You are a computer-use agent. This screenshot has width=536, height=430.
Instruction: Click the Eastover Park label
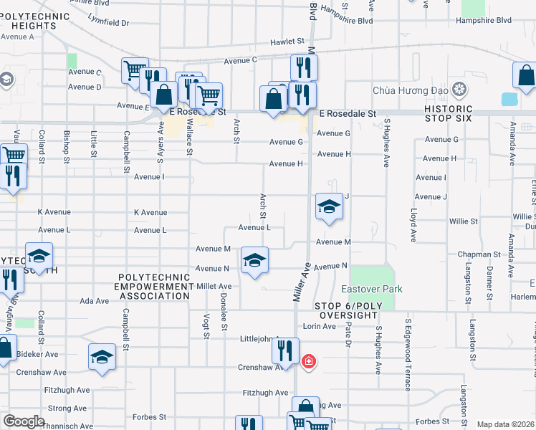[x=371, y=289]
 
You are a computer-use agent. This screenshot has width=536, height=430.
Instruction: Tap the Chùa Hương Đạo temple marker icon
[x=459, y=91]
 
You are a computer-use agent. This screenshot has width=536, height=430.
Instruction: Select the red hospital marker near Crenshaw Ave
[x=309, y=361]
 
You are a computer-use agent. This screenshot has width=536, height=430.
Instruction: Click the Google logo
[x=24, y=421]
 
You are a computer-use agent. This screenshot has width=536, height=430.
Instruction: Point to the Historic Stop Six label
[x=449, y=114]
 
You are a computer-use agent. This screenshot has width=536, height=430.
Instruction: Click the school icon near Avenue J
[x=329, y=206]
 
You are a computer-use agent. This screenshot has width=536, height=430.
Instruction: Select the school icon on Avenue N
[x=254, y=260]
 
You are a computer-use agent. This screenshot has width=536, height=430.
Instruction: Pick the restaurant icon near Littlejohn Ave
[x=285, y=350]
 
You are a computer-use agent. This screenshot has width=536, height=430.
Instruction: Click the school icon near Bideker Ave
[x=102, y=357]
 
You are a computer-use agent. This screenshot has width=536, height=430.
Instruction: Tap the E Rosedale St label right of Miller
[x=348, y=114]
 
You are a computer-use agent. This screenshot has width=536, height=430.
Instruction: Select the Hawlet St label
[x=287, y=42]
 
